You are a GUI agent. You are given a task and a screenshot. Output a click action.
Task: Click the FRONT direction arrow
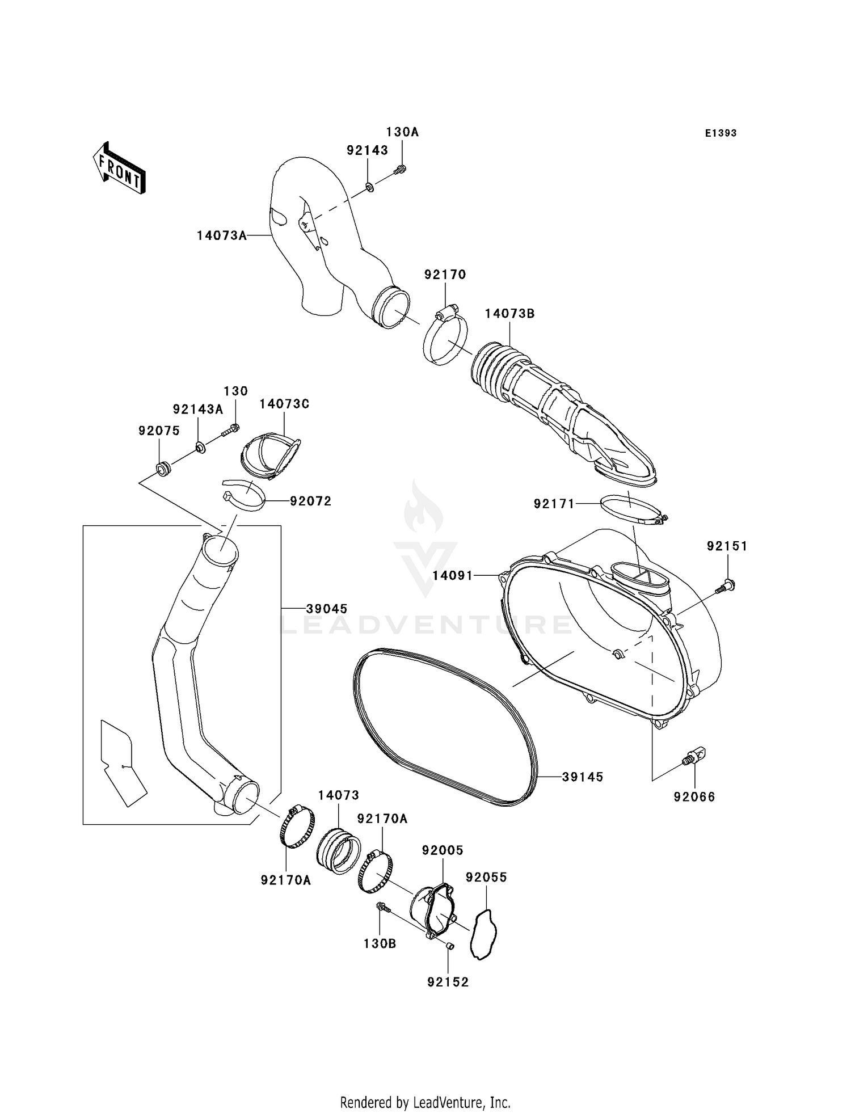119,168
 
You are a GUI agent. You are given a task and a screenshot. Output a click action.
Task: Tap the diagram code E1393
721,133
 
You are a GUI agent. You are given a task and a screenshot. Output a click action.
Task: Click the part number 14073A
222,235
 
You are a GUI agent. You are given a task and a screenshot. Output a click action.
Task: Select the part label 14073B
509,314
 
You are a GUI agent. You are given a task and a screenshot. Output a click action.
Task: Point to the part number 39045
326,609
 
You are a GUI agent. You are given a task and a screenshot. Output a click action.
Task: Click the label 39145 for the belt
583,777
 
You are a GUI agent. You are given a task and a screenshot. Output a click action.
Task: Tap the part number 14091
452,576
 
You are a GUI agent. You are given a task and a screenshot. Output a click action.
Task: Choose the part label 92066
694,797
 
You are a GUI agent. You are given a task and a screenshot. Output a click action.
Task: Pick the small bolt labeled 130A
401,168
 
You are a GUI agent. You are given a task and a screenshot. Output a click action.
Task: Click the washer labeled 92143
369,186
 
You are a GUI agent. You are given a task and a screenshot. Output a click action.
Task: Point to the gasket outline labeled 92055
483,934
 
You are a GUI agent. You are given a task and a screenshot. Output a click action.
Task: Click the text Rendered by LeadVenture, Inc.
425,1102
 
